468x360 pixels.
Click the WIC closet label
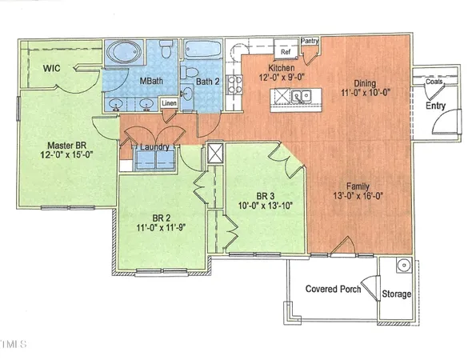53,70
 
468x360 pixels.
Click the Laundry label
154,146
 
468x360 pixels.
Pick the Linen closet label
169,103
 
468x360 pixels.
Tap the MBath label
152,82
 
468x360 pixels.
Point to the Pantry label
310,40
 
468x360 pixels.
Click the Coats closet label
434,82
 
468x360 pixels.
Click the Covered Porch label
333,288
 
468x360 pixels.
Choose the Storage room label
396,294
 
